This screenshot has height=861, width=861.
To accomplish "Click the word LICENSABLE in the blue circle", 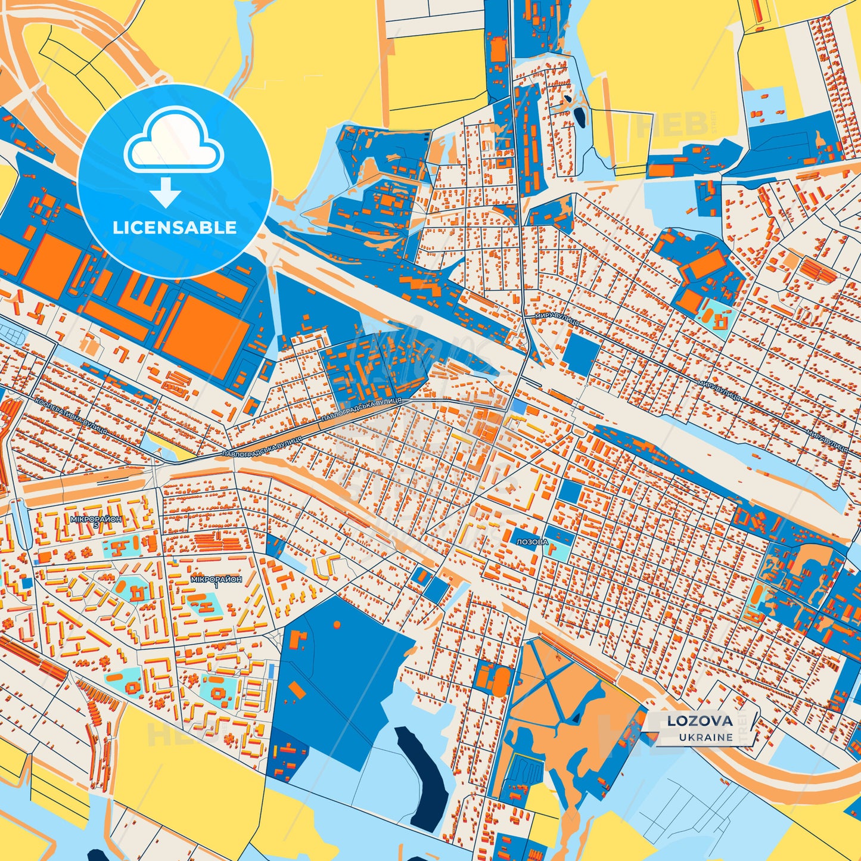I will tap(175, 227).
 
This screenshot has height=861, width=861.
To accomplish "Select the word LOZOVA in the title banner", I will tap(700, 720).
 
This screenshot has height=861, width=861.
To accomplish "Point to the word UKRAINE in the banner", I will tap(705, 737).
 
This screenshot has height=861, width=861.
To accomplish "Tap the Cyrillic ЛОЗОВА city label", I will tap(532, 542).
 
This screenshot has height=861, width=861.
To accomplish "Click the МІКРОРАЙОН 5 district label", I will tap(95, 520).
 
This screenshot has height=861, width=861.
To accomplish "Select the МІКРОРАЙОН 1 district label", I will tap(216, 580).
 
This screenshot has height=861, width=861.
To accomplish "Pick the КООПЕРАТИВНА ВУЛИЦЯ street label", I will tap(72, 415).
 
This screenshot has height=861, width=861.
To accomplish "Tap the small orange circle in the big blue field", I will tap(337, 624).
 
